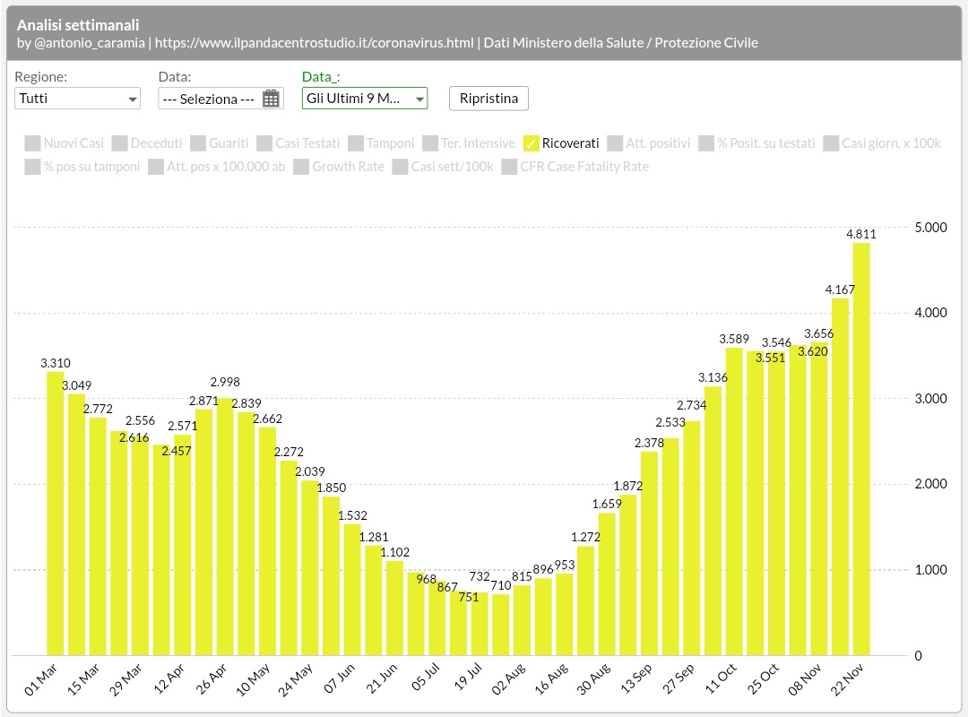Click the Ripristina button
(x=488, y=99)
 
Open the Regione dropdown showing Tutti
(x=77, y=99)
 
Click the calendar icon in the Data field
(x=271, y=99)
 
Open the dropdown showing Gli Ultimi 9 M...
(x=364, y=99)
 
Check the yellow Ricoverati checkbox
(x=531, y=143)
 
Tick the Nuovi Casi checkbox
(x=33, y=143)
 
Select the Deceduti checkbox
(x=120, y=143)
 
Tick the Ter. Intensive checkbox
(x=430, y=143)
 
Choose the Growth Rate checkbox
(x=301, y=167)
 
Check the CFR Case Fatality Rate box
(x=509, y=167)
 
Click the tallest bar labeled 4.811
(x=861, y=448)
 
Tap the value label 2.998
(x=224, y=382)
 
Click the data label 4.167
(x=841, y=289)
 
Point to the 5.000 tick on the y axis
(x=930, y=228)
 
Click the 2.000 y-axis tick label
(x=930, y=484)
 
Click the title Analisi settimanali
(x=78, y=25)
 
